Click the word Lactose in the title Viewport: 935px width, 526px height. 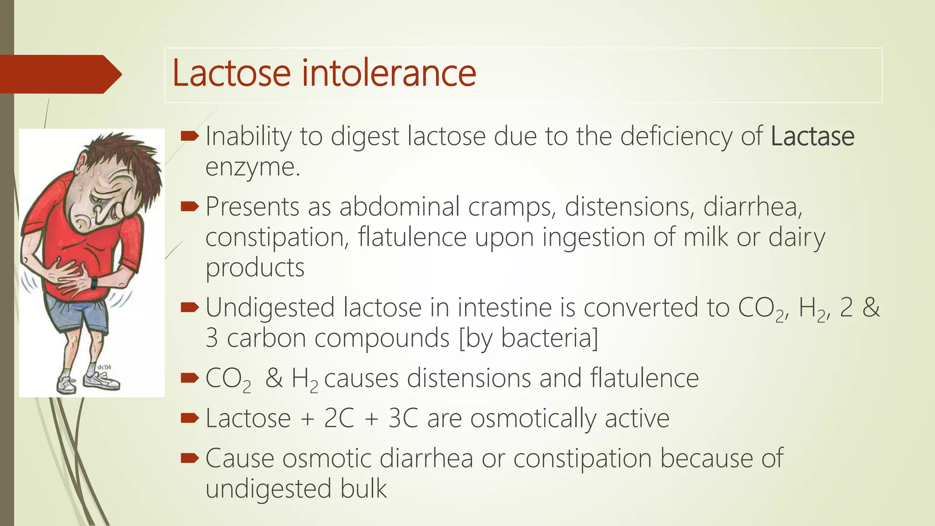(231, 73)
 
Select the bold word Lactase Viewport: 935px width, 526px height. (812, 136)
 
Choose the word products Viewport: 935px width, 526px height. (255, 268)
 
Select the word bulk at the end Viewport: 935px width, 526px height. (363, 489)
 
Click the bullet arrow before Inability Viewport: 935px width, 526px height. (189, 136)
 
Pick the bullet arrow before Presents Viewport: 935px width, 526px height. (189, 207)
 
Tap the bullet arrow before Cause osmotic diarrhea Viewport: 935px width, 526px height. (189, 458)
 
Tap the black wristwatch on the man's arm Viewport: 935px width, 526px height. (94, 283)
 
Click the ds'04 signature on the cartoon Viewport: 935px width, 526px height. (104, 367)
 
